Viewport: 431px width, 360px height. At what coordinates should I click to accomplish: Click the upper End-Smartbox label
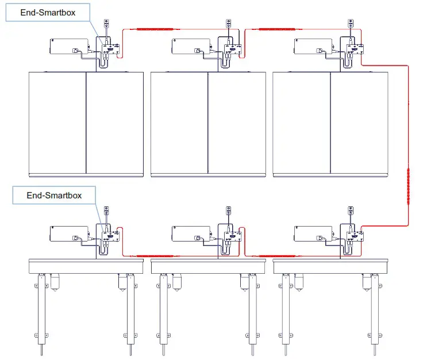(48, 12)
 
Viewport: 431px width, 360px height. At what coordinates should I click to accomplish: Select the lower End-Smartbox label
(54, 196)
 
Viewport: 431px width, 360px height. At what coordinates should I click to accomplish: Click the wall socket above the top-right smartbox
(351, 24)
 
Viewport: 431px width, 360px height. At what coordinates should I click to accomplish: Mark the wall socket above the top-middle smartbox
(229, 24)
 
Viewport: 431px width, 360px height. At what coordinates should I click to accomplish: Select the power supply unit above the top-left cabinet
(68, 46)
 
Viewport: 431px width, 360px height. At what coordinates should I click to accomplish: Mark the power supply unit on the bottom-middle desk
(191, 233)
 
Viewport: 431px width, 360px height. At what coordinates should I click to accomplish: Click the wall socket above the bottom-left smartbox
(106, 210)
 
